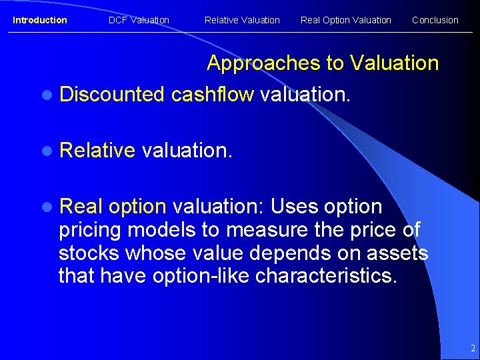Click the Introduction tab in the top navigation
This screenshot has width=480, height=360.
point(40,20)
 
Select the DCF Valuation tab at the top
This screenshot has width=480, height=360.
point(139,20)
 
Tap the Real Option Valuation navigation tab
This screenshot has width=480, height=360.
point(345,20)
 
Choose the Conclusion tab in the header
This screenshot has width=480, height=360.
point(435,20)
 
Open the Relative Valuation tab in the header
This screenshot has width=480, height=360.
point(242,20)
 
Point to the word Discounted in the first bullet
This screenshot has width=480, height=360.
point(111,95)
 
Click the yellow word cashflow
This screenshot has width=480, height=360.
point(212,95)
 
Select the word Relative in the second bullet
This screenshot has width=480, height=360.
point(97,151)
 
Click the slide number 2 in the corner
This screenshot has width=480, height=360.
point(472,348)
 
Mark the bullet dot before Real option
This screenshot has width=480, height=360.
point(45,207)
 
